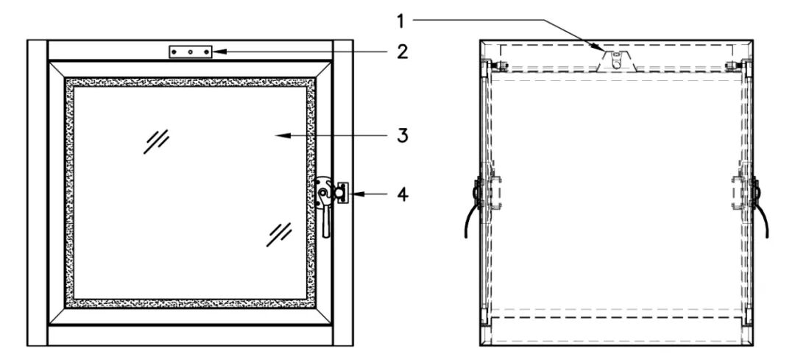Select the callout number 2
[x=402, y=52]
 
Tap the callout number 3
[x=402, y=136]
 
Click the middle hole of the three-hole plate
[x=191, y=52]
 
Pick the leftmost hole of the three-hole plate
[x=177, y=52]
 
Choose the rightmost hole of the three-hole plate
[x=205, y=52]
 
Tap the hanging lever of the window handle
[x=326, y=220]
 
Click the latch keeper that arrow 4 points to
[x=342, y=193]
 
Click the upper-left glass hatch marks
[x=156, y=141]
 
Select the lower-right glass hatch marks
[x=280, y=233]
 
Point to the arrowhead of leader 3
[x=275, y=136]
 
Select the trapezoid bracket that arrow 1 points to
[x=617, y=61]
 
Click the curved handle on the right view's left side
[x=470, y=213]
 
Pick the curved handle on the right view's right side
[x=763, y=213]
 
